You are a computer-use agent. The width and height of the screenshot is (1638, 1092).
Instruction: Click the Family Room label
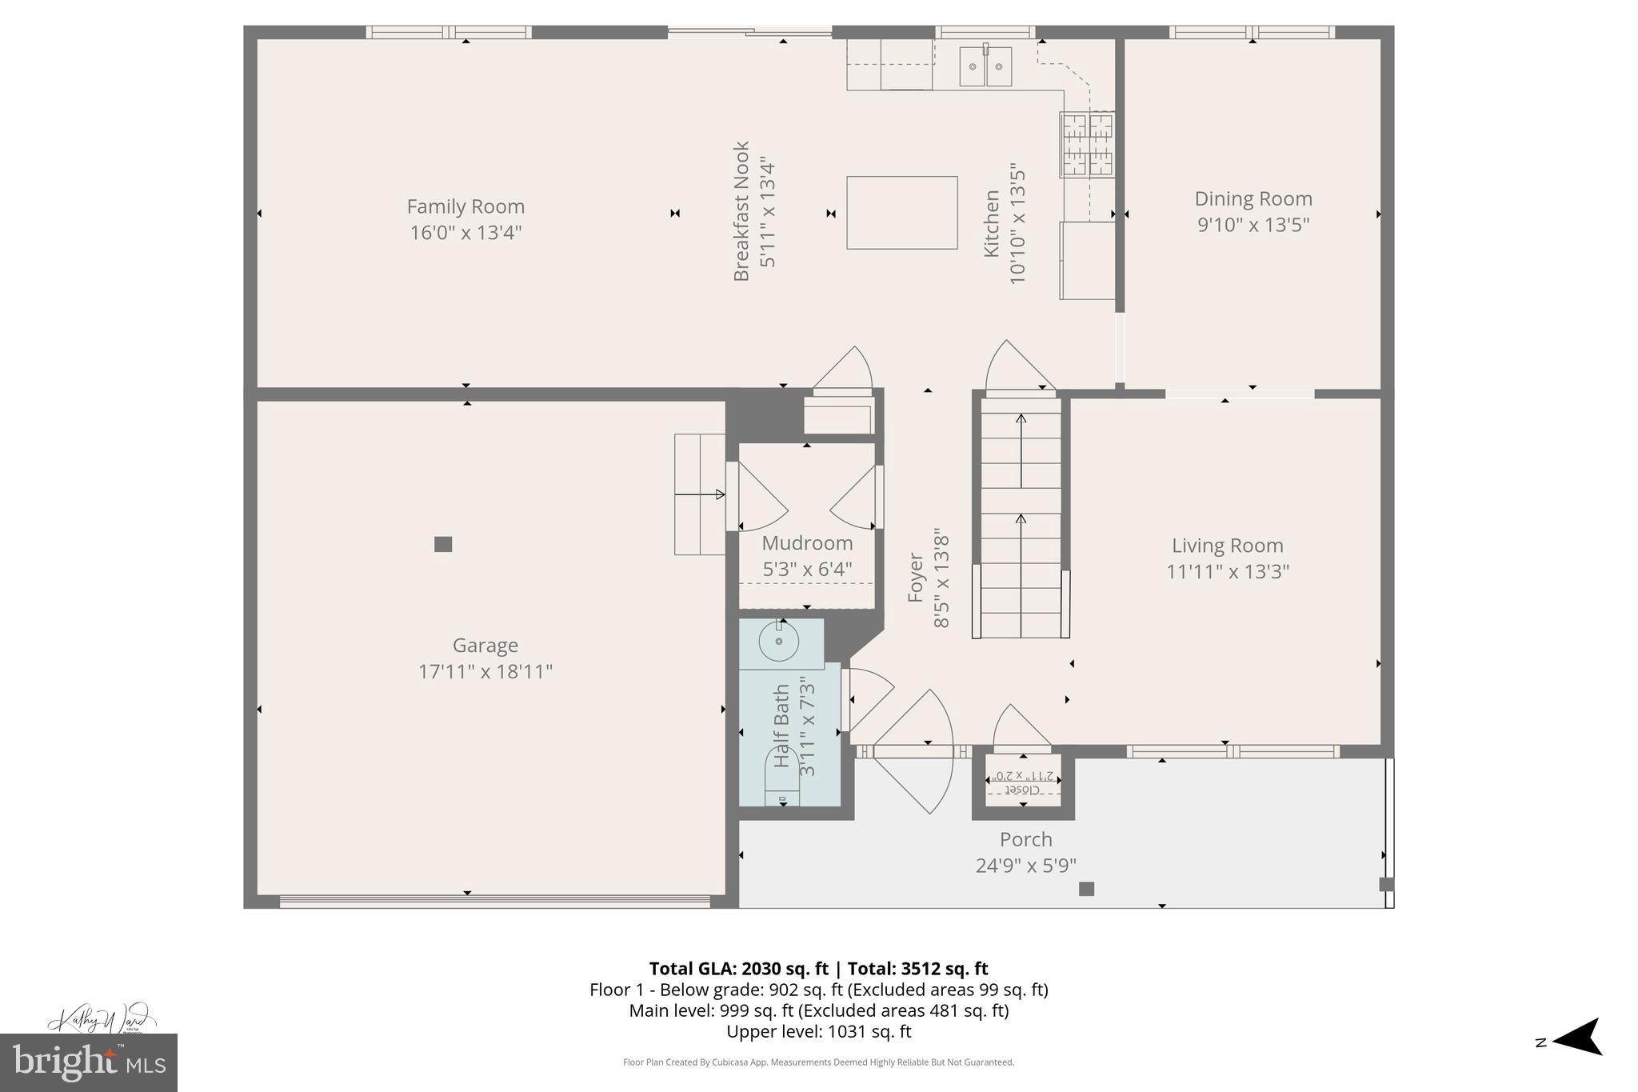(x=465, y=206)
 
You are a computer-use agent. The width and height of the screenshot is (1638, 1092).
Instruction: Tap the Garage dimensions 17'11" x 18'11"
(x=485, y=672)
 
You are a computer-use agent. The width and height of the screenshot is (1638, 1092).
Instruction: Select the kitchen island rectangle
(x=901, y=213)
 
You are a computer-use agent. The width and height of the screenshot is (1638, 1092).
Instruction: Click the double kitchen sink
(x=985, y=66)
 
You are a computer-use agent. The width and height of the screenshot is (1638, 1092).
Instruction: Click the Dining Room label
(x=1252, y=198)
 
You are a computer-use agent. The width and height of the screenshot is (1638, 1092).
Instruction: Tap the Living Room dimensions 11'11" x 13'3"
(x=1227, y=572)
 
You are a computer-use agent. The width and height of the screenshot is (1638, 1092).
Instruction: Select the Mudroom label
(x=807, y=543)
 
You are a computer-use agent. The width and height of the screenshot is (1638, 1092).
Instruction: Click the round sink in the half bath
(x=778, y=642)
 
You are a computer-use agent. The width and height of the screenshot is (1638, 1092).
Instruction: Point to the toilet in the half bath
(x=782, y=780)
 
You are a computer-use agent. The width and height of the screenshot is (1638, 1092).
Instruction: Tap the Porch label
(x=1025, y=839)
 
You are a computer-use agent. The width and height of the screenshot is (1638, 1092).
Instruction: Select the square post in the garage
(x=443, y=544)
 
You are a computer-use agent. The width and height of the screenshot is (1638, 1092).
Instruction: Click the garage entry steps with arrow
(x=699, y=494)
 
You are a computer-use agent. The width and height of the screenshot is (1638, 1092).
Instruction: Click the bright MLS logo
(x=89, y=1063)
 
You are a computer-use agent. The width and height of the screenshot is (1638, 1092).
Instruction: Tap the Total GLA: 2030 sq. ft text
(x=737, y=969)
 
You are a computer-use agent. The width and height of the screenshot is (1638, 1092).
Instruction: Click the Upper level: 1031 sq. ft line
(x=818, y=1031)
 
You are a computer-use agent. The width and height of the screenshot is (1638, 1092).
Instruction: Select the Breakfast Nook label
(x=741, y=212)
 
